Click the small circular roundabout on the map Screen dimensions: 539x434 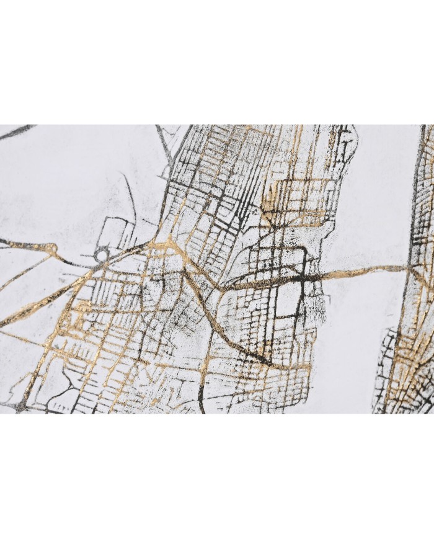[100, 255]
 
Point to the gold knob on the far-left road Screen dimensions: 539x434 [52, 249]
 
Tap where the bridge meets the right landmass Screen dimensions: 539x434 [409, 268]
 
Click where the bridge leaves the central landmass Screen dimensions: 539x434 [322, 276]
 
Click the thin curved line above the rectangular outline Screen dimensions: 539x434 [127, 186]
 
